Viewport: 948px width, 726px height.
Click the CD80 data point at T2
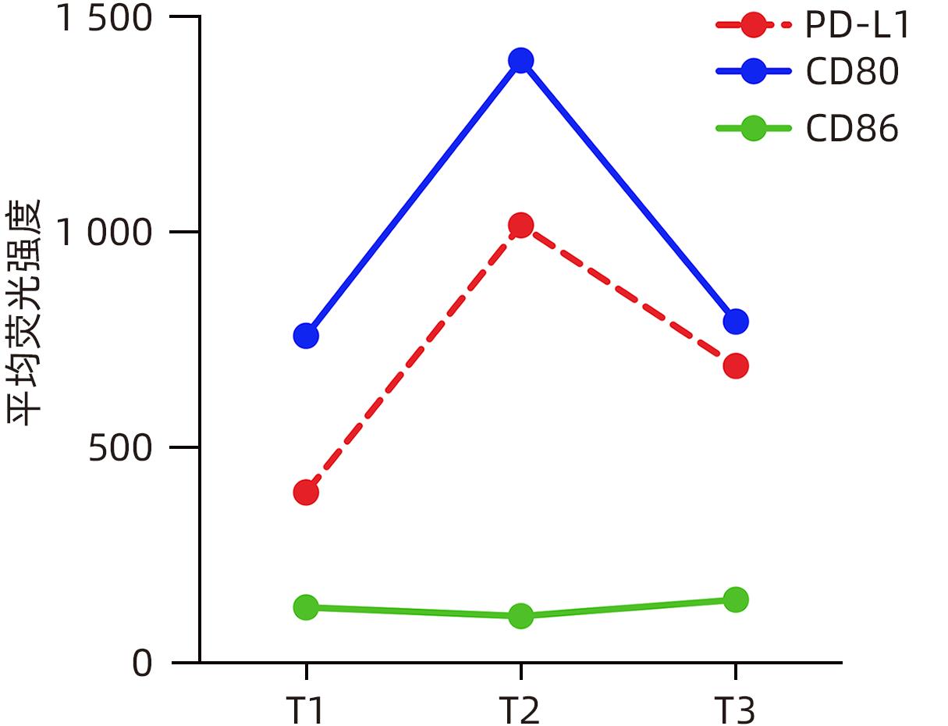pyautogui.click(x=520, y=60)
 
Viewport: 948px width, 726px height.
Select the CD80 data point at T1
pyautogui.click(x=306, y=336)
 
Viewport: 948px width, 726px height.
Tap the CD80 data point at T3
pyautogui.click(x=735, y=321)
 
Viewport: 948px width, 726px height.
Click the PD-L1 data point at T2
pyautogui.click(x=520, y=226)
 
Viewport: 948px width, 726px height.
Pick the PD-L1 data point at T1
pyautogui.click(x=306, y=493)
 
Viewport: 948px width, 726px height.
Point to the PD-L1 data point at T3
pyautogui.click(x=735, y=365)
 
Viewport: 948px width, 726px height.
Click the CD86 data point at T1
pyautogui.click(x=306, y=607)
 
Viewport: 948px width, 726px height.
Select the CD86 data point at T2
pyautogui.click(x=520, y=616)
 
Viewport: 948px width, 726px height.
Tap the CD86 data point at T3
pyautogui.click(x=735, y=600)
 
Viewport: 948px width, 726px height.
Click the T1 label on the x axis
pyautogui.click(x=305, y=711)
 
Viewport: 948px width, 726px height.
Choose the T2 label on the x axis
pyautogui.click(x=520, y=711)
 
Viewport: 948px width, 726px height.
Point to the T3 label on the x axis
pyautogui.click(x=735, y=711)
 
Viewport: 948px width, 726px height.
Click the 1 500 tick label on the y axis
pyautogui.click(x=104, y=18)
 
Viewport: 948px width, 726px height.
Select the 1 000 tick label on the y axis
pyautogui.click(x=104, y=233)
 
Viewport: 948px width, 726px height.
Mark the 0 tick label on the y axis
pyautogui.click(x=142, y=664)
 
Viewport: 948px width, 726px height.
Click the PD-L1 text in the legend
pyautogui.click(x=857, y=26)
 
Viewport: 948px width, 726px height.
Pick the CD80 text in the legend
pyautogui.click(x=852, y=72)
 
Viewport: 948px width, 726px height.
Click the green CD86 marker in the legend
pyautogui.click(x=753, y=128)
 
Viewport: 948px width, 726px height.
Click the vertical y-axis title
pyautogui.click(x=25, y=312)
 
